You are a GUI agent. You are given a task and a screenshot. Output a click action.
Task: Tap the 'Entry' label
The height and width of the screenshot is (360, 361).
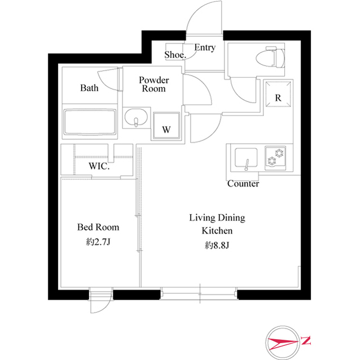pyautogui.click(x=204, y=48)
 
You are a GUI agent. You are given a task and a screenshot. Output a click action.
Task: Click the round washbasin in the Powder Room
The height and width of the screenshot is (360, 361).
pyautogui.click(x=136, y=120)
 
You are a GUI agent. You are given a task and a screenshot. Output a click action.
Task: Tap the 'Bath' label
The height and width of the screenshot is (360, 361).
pyautogui.click(x=89, y=88)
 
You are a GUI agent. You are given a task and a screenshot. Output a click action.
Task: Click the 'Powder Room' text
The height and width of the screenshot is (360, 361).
pyautogui.click(x=154, y=85)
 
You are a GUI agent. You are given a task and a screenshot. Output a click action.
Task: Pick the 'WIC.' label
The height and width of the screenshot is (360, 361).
pyautogui.click(x=99, y=167)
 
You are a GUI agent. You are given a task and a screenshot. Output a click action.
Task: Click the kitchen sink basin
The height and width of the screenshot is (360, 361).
pyautogui.click(x=246, y=158)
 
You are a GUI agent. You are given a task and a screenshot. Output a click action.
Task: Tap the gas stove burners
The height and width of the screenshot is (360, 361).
pyautogui.click(x=275, y=157)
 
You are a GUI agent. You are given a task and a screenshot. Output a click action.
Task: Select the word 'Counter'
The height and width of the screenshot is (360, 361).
pyautogui.click(x=243, y=184)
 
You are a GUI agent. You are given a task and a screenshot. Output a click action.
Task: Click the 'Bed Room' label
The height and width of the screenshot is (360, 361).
pyautogui.click(x=98, y=228)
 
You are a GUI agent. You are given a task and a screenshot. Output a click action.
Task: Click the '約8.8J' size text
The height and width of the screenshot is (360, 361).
pyautogui.click(x=217, y=246)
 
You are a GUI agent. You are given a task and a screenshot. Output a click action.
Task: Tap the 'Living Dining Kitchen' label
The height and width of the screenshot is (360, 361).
pyautogui.click(x=217, y=224)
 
